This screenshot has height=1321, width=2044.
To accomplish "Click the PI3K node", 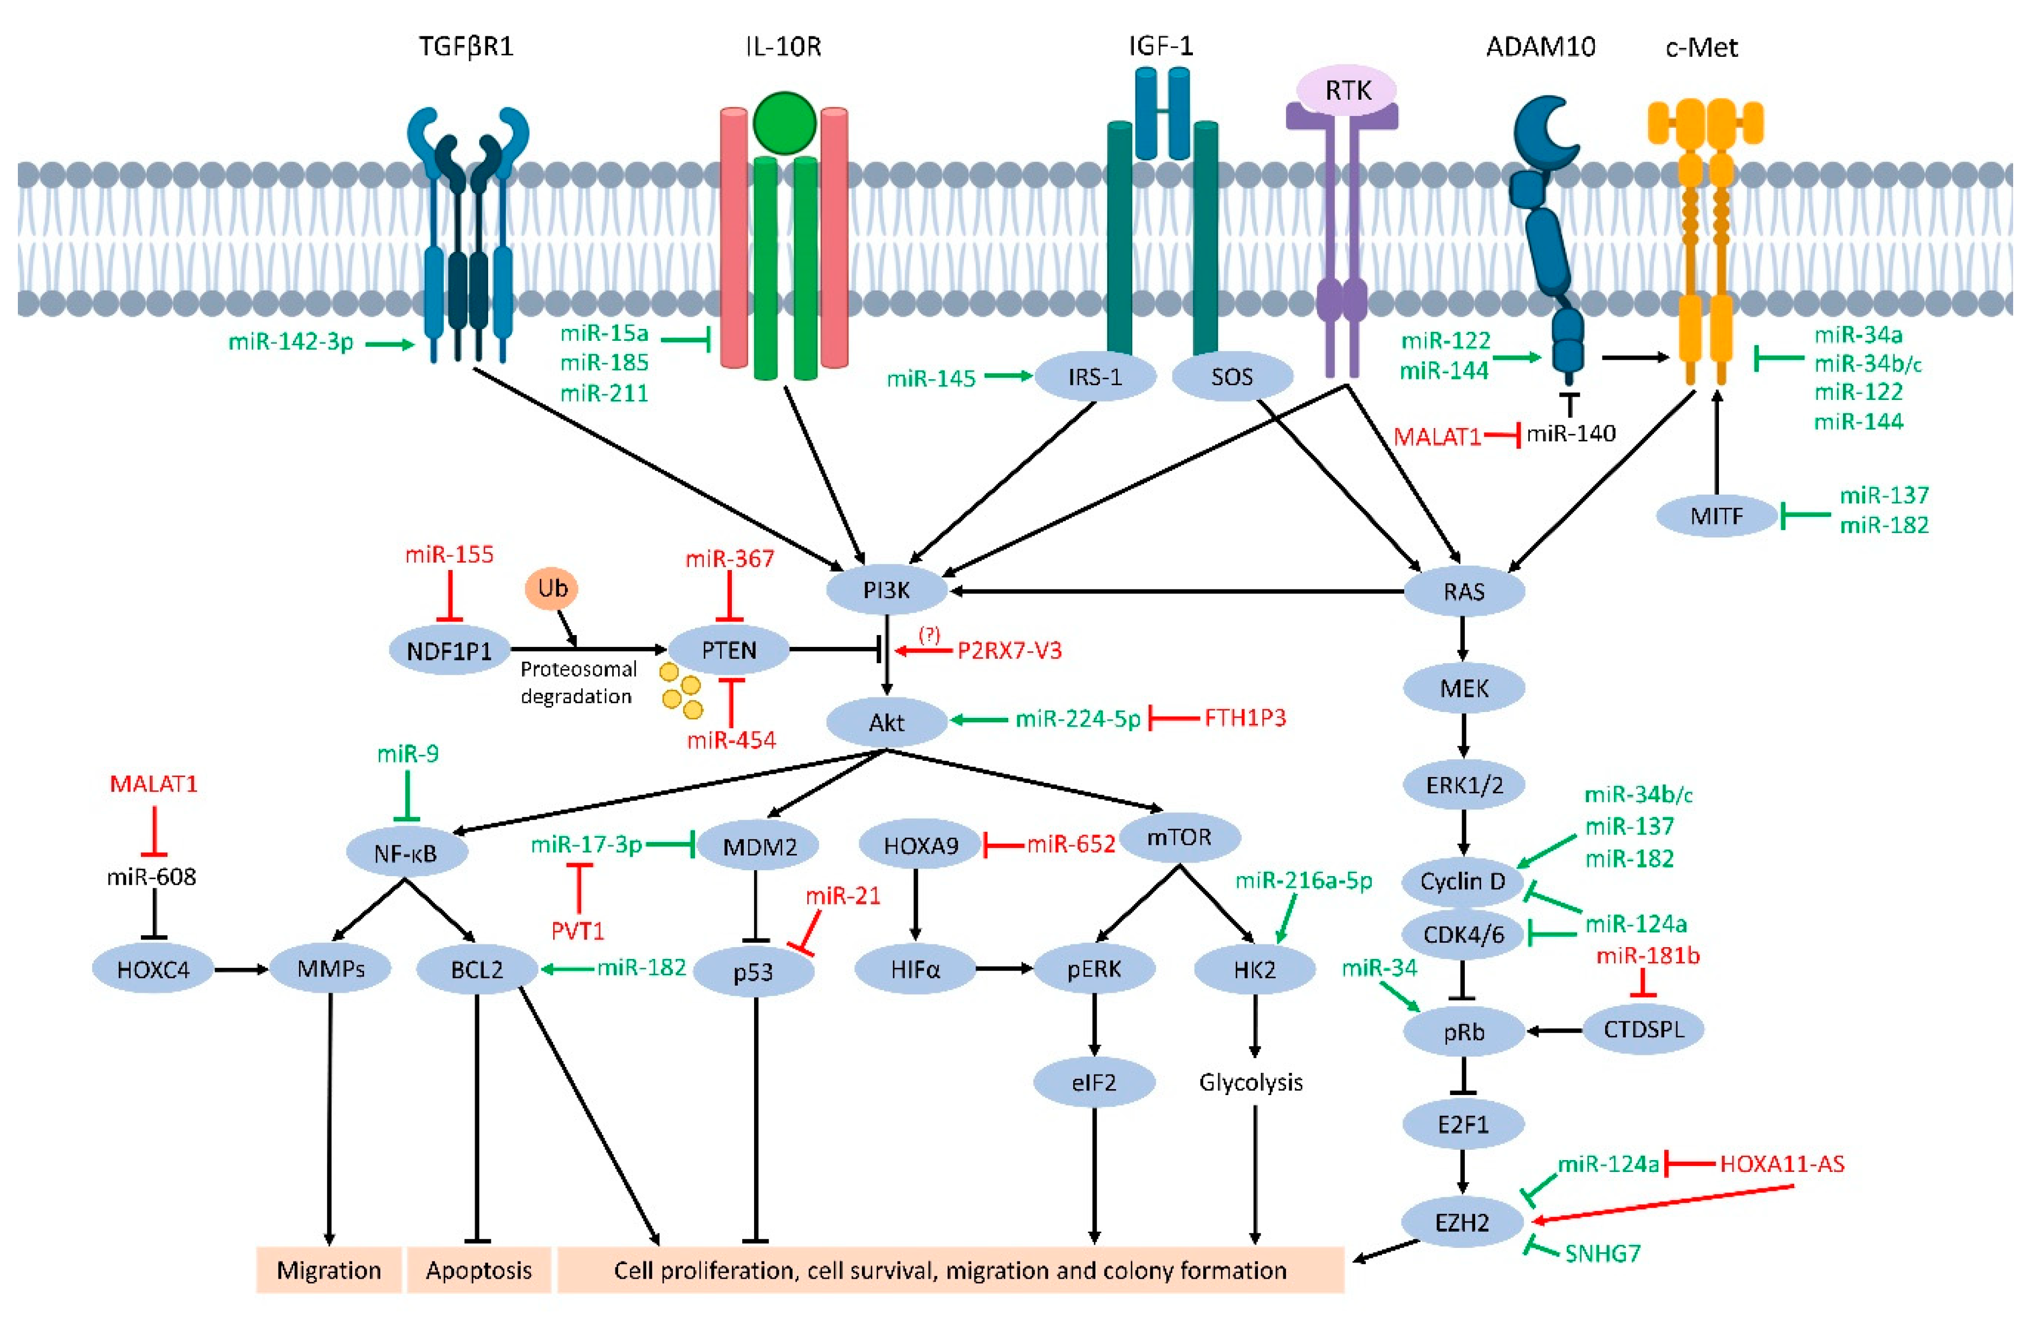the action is (x=886, y=590).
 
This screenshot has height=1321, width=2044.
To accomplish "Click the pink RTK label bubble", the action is (x=1347, y=89).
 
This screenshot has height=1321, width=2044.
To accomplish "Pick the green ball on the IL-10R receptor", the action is (x=784, y=122).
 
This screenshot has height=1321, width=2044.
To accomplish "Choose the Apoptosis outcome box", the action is (x=478, y=1270).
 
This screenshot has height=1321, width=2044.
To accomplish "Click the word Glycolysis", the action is (x=1251, y=1083).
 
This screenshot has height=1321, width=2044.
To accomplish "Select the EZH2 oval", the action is (x=1463, y=1221).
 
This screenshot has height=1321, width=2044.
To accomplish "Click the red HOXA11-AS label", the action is (x=1782, y=1163).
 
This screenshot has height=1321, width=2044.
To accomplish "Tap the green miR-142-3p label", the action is (x=291, y=342).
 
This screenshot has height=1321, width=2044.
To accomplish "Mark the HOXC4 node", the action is (x=153, y=969).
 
